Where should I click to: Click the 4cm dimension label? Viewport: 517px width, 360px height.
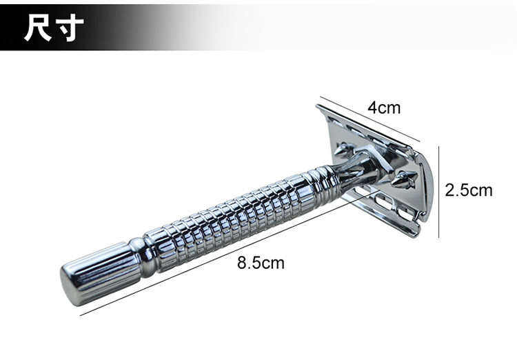point(384,108)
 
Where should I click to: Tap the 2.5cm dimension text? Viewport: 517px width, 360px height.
point(469,190)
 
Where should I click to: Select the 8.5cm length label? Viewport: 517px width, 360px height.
point(261,263)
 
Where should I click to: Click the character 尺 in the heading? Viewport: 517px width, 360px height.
point(38,28)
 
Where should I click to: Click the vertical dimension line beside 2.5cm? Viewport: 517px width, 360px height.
point(438,192)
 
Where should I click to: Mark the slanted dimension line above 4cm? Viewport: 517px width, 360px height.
point(369,119)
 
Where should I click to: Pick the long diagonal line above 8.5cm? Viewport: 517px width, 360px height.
point(229,253)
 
